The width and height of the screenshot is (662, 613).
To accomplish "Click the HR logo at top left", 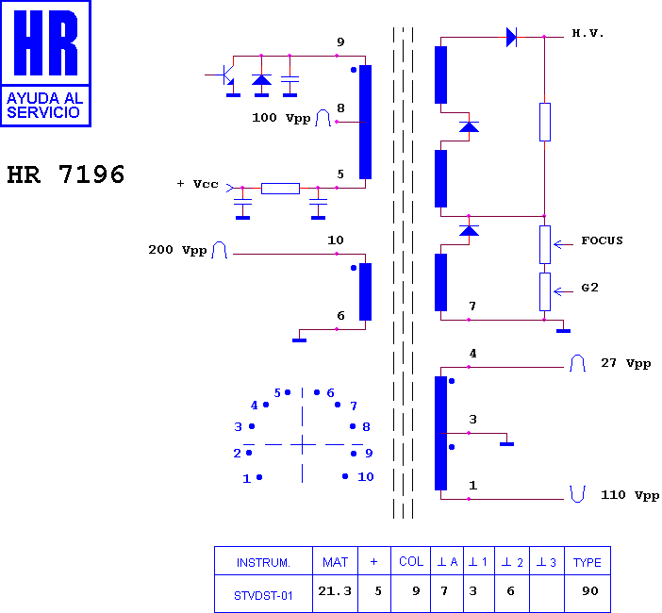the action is (x=45, y=63).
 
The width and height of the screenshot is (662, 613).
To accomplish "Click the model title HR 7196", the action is (x=66, y=174).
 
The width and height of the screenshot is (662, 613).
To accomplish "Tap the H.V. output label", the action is (x=588, y=33).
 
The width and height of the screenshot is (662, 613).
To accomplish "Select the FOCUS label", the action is (x=602, y=240).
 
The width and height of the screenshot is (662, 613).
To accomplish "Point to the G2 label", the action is (x=589, y=288).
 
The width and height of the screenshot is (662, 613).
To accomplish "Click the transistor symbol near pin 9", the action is (x=226, y=75).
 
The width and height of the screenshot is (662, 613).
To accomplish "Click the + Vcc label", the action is (x=197, y=184).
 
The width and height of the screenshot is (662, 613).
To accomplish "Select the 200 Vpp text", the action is (x=177, y=250).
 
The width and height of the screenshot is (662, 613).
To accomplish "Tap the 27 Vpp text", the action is (x=625, y=363).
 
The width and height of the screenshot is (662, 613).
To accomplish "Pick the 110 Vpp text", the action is (x=630, y=495).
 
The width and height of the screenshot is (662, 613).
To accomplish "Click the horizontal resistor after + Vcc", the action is (x=280, y=189).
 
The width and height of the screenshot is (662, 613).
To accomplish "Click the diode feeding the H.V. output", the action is (x=511, y=37).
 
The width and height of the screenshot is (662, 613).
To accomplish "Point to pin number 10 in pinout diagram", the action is (x=366, y=476).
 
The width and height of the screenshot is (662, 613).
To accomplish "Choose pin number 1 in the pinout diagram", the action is (x=247, y=479).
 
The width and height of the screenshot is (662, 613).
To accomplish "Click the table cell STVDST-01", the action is (x=263, y=596).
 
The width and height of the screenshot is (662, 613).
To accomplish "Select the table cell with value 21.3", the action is (x=335, y=591).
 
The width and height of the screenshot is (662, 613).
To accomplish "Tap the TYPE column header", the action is (x=587, y=562).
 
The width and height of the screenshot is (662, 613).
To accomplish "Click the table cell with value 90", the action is (x=589, y=591).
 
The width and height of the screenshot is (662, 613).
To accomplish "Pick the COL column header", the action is (x=411, y=561).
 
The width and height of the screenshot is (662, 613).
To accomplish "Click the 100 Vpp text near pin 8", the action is (x=281, y=118).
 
